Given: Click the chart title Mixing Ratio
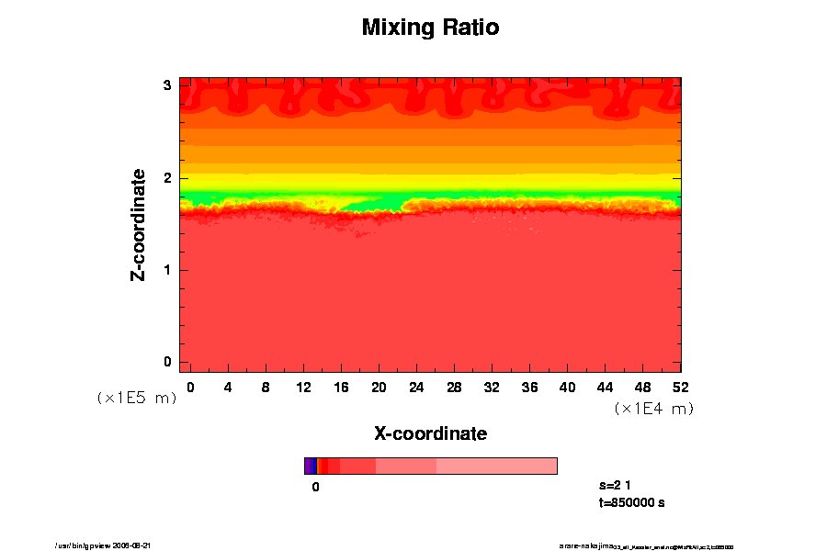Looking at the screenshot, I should coord(430,28).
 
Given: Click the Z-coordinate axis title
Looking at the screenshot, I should coord(138,224).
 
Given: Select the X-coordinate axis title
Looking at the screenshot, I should coord(430,433).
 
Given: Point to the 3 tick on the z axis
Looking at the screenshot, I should coord(167,85).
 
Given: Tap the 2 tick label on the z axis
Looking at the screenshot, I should coord(167,177).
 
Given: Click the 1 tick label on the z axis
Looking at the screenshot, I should coord(167,270).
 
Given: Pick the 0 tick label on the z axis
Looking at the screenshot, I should coord(167,362).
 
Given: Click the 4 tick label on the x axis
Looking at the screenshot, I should coord(228,387).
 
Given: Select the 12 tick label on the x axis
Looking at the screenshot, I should coord(303,387).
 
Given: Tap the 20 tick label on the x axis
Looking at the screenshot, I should coord(379,387).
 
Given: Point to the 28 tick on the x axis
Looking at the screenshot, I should coord(454,387).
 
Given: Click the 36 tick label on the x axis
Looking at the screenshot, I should coord(529,387).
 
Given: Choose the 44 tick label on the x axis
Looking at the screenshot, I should coord(605,387).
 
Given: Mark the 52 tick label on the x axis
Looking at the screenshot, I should coord(680,387).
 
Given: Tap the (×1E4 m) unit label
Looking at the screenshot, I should coord(653,409).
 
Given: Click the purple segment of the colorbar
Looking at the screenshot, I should coord(310,466).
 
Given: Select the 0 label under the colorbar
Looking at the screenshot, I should coord(315,487).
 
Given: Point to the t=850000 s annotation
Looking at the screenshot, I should coord(631,502).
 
